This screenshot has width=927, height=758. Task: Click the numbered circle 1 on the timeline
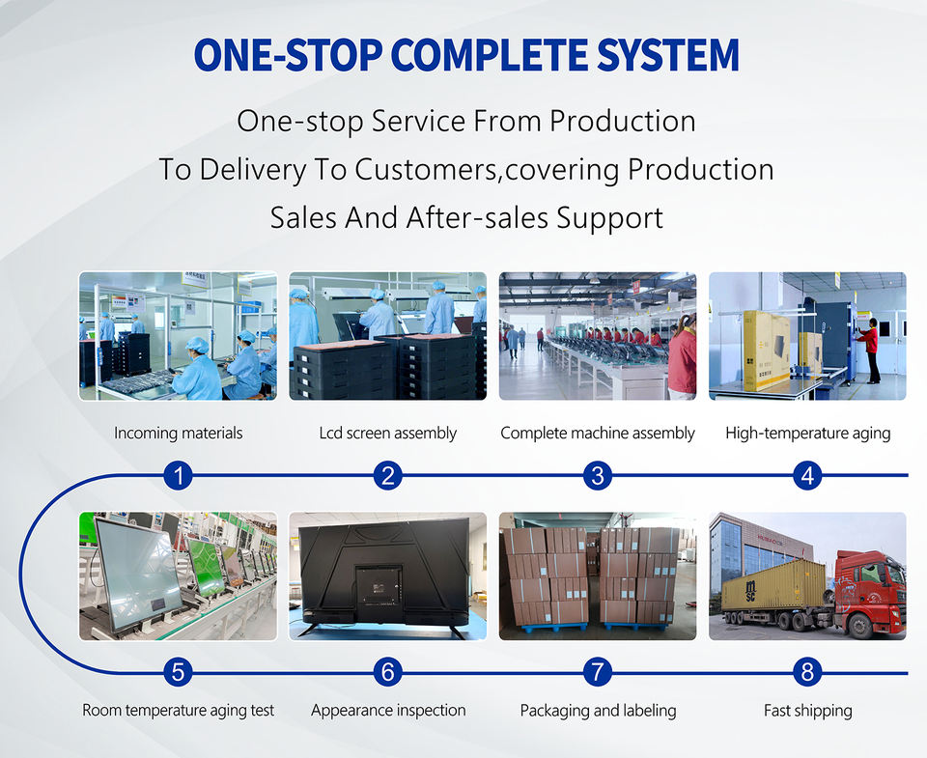point(178,475)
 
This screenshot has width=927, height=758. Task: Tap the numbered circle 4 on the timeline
point(807,475)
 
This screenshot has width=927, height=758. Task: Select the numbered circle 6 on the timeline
point(388,672)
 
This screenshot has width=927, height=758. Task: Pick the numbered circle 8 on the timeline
point(807,672)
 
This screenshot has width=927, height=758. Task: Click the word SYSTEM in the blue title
point(667,55)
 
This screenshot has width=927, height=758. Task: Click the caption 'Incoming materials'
point(178,433)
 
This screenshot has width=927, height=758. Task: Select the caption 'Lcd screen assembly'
point(388,433)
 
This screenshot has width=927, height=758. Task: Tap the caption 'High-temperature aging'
point(807,433)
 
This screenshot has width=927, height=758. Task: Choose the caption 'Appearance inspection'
point(388,710)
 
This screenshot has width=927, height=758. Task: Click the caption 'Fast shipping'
point(807,710)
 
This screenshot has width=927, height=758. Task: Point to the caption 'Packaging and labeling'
point(598,710)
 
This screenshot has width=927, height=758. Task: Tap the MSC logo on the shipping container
point(750,589)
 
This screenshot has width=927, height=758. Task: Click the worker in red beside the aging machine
point(871,350)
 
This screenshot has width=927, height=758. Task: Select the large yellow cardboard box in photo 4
point(766,351)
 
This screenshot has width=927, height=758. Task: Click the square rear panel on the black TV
point(379,585)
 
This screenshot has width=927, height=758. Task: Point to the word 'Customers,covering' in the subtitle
point(489,170)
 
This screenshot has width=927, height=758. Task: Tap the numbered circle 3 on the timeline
point(598,475)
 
